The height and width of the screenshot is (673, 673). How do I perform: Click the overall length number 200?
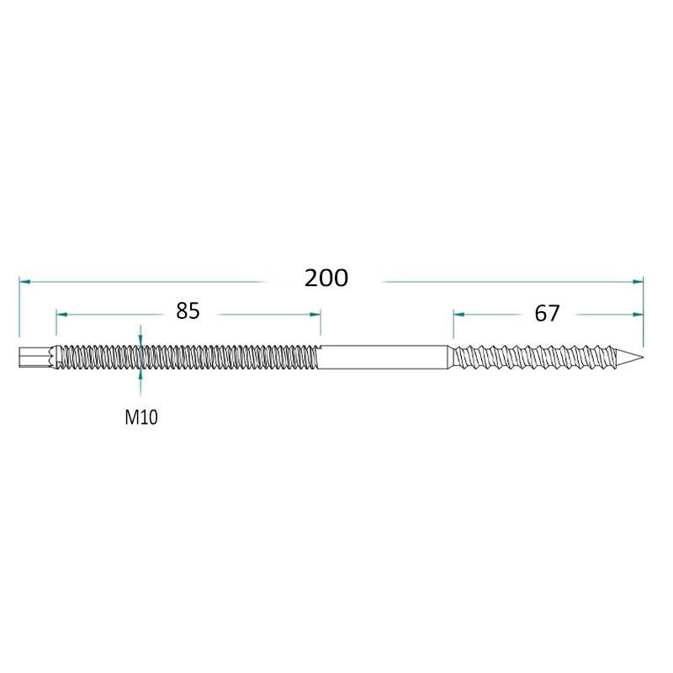(x=326, y=278)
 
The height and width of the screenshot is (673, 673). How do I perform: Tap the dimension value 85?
(x=188, y=310)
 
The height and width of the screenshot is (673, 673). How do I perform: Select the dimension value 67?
(x=547, y=313)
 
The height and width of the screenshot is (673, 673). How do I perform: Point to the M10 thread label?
(x=141, y=417)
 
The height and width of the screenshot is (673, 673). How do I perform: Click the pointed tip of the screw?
(x=643, y=357)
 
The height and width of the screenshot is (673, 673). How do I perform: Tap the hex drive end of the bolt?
(x=35, y=357)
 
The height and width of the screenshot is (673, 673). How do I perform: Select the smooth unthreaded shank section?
(x=384, y=357)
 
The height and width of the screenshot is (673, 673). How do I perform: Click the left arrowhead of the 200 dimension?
(x=25, y=282)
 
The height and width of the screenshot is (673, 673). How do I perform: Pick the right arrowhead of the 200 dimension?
(x=638, y=282)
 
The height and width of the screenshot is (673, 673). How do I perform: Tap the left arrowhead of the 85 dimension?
(x=61, y=315)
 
